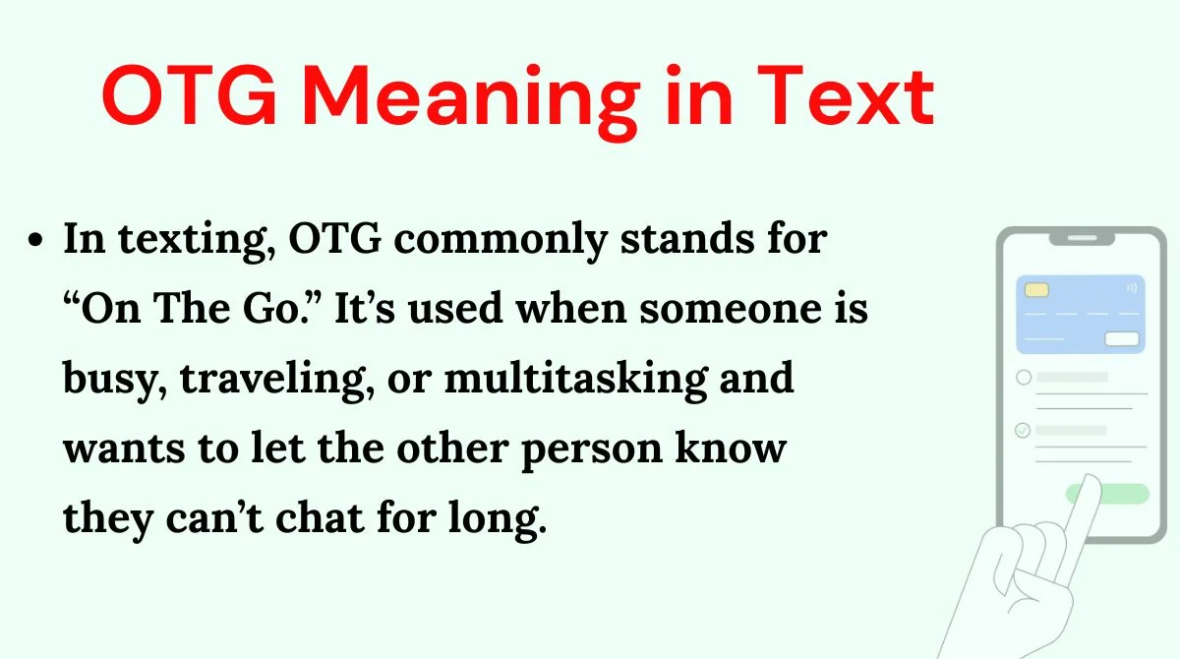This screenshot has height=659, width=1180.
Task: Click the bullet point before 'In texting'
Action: pos(37,241)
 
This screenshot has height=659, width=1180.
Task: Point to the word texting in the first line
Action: pos(184,241)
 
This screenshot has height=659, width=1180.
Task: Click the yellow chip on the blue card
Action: pos(1035,290)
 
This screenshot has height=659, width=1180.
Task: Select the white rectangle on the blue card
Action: pos(1122,339)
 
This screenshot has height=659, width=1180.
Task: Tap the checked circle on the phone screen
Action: pos(1023,430)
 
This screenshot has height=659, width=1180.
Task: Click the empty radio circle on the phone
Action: pos(1023,377)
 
